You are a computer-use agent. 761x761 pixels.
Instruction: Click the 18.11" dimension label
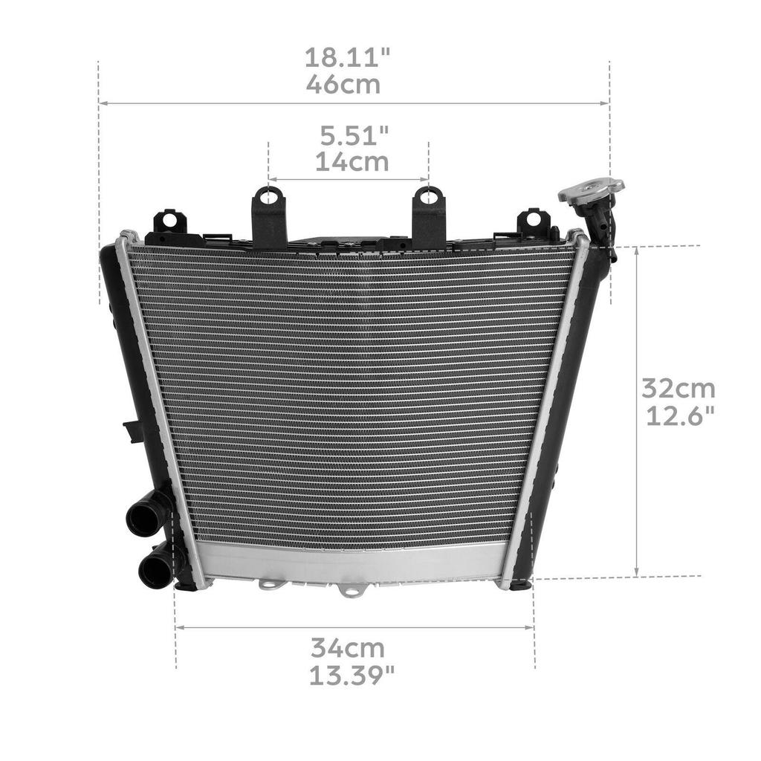click(348, 58)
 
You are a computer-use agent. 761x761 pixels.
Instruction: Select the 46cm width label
click(343, 85)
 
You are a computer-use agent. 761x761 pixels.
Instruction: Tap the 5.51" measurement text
click(354, 136)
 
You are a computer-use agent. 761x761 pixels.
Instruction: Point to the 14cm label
click(352, 162)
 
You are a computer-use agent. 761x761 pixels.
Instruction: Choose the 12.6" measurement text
click(681, 415)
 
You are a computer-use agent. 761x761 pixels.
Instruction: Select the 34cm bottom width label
click(348, 648)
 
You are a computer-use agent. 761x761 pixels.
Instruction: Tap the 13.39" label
click(352, 675)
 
